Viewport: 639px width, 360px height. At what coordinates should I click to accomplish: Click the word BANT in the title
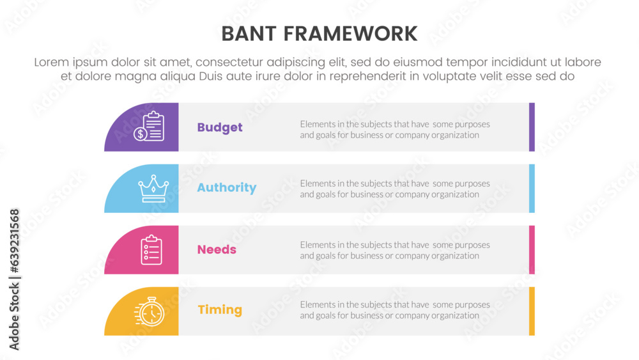249,34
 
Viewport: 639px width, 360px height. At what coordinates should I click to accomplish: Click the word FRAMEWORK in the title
350,34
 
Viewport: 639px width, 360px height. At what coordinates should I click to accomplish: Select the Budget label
220,128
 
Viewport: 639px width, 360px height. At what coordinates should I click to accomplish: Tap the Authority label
227,187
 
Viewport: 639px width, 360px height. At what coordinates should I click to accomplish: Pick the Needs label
217,249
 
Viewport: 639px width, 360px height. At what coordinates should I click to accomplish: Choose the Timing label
220,310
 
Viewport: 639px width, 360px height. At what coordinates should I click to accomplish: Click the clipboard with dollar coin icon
149,127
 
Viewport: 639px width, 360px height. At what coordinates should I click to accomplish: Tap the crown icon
153,189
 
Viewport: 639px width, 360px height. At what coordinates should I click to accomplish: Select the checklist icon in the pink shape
151,250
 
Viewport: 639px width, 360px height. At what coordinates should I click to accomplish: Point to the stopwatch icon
150,312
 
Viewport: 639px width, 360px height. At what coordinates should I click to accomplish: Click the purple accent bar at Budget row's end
532,127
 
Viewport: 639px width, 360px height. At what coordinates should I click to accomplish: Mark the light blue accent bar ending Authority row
532,189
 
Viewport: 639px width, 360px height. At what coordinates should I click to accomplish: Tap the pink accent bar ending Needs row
532,249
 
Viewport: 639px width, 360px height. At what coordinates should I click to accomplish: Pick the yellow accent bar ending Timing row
532,311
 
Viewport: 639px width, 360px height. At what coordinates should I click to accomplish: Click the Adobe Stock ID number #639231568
14,241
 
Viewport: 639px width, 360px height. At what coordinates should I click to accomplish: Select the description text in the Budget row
395,130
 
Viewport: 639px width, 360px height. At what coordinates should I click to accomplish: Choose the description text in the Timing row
395,310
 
